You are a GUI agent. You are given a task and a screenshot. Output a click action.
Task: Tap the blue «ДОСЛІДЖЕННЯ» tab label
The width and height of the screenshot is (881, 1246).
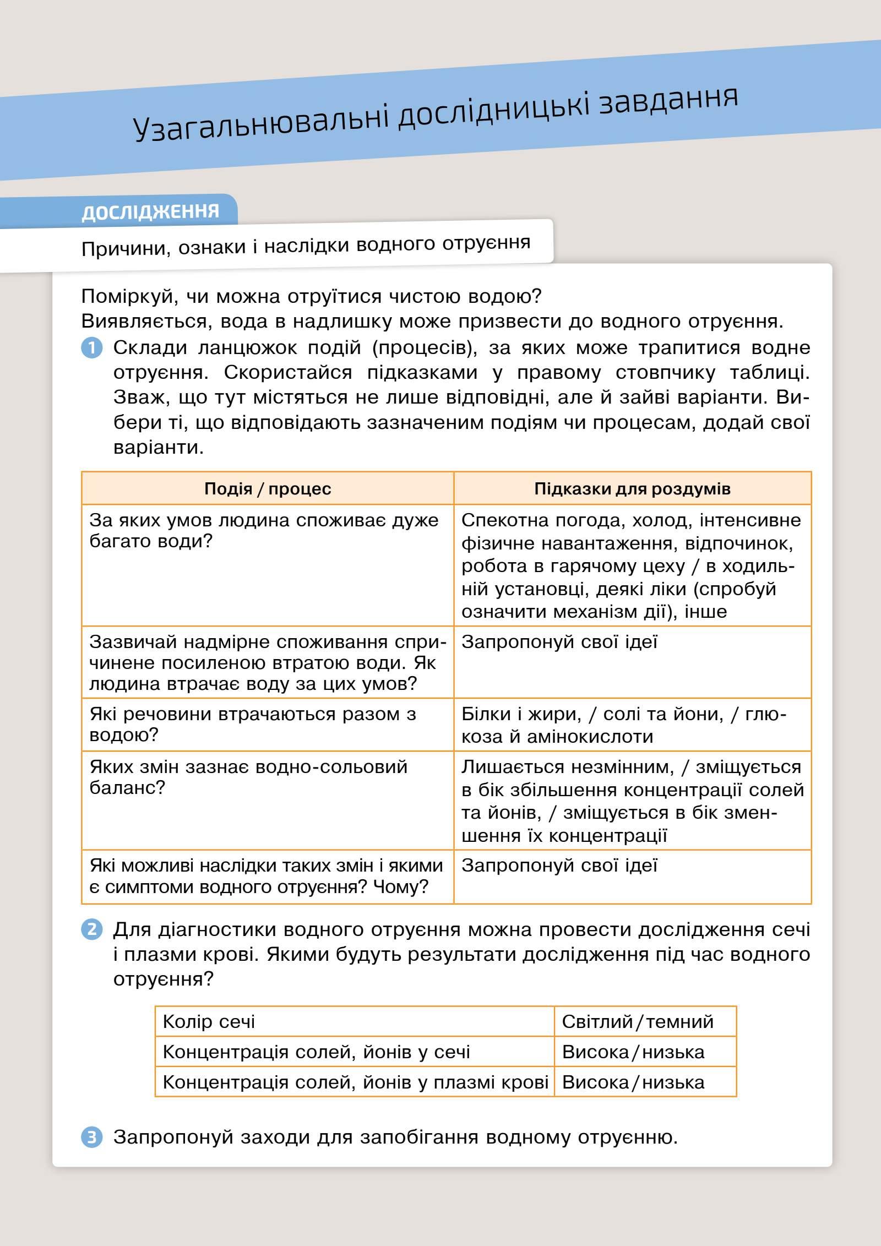click(150, 211)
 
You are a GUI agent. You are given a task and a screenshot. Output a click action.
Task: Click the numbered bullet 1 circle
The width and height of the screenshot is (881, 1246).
click(92, 348)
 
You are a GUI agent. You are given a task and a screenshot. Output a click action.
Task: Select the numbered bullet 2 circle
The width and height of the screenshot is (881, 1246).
click(92, 929)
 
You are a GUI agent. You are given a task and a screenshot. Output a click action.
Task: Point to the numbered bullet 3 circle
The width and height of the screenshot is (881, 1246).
click(92, 1137)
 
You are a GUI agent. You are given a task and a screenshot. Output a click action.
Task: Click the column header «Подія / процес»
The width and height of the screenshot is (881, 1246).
click(268, 489)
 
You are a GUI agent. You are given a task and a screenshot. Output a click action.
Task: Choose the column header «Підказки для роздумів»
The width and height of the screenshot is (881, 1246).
click(632, 489)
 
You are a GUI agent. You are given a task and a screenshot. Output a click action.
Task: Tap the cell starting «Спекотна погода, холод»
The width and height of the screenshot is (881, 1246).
click(632, 565)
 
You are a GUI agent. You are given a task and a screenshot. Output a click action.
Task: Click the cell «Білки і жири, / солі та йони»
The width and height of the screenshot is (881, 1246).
click(632, 725)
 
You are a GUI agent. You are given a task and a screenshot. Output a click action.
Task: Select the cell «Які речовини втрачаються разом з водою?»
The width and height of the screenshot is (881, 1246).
click(268, 725)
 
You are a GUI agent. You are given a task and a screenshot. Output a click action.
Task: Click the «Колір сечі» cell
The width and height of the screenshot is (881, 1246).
click(354, 1022)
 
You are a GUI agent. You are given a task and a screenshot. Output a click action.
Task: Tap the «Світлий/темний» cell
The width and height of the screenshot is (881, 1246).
click(645, 1022)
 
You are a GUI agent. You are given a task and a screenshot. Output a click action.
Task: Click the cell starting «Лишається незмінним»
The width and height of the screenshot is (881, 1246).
click(632, 801)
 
